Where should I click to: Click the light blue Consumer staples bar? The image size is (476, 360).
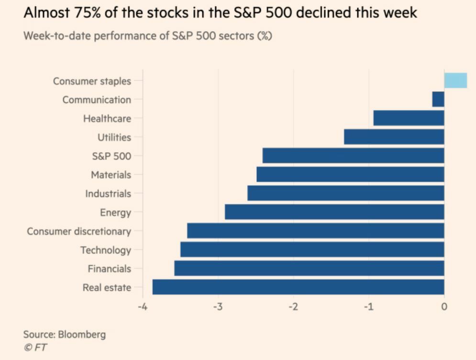pyautogui.click(x=455, y=81)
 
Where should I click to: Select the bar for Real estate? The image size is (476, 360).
pyautogui.click(x=298, y=287)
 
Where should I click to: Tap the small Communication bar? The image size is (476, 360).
pyautogui.click(x=438, y=99)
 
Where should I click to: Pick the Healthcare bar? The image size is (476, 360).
pyautogui.click(x=409, y=118)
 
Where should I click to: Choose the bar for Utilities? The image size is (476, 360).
pyautogui.click(x=394, y=137)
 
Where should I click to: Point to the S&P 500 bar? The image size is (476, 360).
pyautogui.click(x=353, y=156)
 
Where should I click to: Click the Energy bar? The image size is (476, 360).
pyautogui.click(x=334, y=212)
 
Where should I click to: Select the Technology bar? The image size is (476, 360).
pyautogui.click(x=312, y=250)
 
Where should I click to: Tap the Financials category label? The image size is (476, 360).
pyautogui.click(x=109, y=269)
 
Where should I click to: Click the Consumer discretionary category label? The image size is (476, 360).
pyautogui.click(x=79, y=231)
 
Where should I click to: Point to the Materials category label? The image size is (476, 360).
pyautogui.click(x=111, y=175)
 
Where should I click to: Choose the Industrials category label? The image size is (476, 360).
pyautogui.click(x=108, y=194)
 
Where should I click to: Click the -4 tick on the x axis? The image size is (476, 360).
pyautogui.click(x=143, y=306)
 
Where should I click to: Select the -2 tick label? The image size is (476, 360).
pyautogui.click(x=293, y=306)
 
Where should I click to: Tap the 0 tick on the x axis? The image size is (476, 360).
pyautogui.click(x=444, y=306)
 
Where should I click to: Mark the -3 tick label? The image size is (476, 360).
pyautogui.click(x=218, y=306)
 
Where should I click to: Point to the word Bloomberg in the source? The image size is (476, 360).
pyautogui.click(x=82, y=334)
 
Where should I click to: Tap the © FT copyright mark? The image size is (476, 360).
pyautogui.click(x=35, y=348)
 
